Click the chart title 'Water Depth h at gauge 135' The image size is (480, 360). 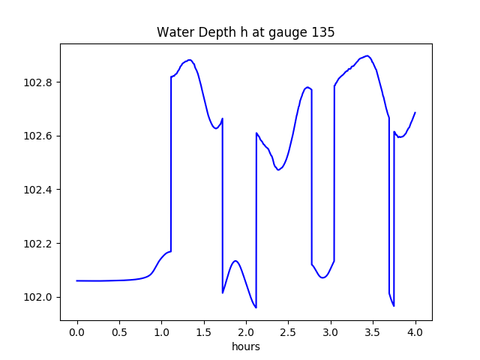pos(245,32)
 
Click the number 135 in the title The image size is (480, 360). pos(324,32)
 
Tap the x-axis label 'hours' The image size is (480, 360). pos(246,347)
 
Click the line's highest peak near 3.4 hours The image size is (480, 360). pos(367,55)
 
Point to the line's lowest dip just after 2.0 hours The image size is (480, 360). pos(256,307)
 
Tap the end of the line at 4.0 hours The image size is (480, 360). pos(415,112)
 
